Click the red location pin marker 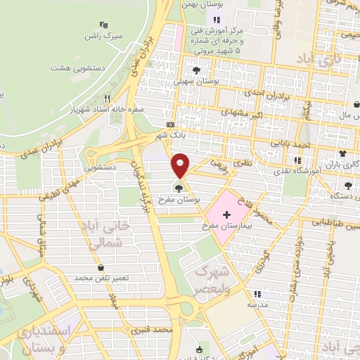(x=181, y=165)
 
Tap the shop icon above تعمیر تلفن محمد (x=103, y=267)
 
